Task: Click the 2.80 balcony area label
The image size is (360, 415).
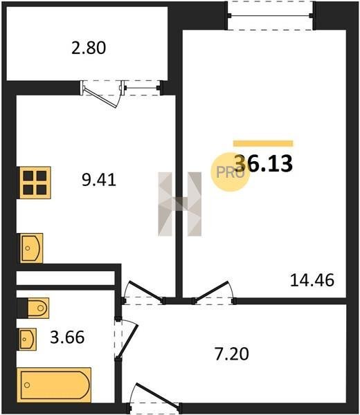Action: (x=89, y=48)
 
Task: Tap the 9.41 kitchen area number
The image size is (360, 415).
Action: (x=99, y=180)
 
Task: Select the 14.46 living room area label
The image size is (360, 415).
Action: (x=312, y=280)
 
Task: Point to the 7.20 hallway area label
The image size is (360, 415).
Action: (x=232, y=354)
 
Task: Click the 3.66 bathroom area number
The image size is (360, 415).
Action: (x=67, y=338)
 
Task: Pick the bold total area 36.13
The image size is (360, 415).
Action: (x=264, y=163)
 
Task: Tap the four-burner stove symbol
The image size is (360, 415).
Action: (x=35, y=183)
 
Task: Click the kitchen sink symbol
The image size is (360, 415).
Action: (x=30, y=248)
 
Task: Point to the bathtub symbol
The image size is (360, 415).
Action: (x=54, y=385)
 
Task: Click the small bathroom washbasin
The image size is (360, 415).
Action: (x=27, y=339)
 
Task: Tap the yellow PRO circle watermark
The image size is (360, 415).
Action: (x=230, y=172)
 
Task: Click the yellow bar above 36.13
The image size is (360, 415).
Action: (x=263, y=143)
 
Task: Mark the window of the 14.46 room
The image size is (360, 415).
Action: (x=271, y=16)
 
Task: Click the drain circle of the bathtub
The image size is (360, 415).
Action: (x=27, y=385)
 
